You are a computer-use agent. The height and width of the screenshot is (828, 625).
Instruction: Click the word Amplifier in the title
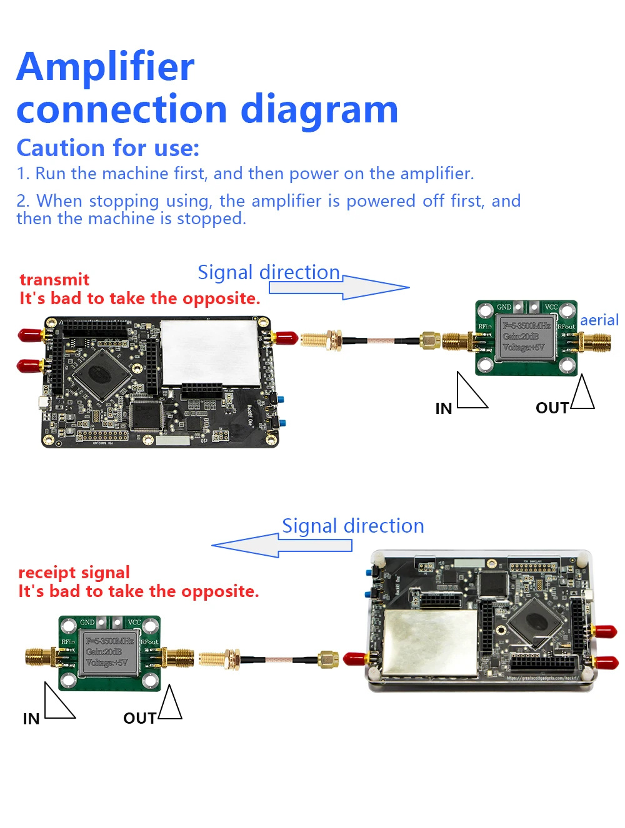coord(105,67)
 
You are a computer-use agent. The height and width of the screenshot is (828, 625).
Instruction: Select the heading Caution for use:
coord(107,148)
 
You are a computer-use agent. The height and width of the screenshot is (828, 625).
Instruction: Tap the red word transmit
coord(54,279)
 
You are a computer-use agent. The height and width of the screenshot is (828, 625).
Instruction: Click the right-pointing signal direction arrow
coord(350,287)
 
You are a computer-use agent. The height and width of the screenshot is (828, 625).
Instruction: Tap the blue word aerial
coord(599,320)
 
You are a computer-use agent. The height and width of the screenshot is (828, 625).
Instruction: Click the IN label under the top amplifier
coord(444,408)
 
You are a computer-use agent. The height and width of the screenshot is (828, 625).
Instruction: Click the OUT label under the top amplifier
coord(552,408)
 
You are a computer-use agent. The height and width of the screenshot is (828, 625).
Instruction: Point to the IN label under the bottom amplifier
coord(31,719)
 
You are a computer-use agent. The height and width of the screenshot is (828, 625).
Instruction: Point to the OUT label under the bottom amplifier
coord(139,718)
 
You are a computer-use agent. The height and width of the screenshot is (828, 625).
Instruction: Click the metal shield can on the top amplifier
coord(526,337)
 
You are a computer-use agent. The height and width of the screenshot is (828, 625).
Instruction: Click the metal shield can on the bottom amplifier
coord(109,653)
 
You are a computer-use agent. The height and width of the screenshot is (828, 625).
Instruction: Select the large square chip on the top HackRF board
coord(101,374)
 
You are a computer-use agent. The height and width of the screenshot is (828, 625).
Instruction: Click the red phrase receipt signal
coord(74,572)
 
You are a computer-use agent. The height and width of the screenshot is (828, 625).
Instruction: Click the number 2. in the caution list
coord(23,201)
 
